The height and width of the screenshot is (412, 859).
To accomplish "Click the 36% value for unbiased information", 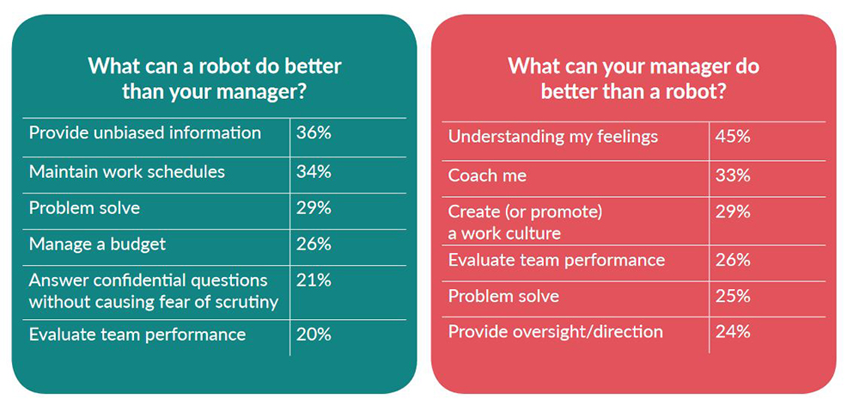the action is tap(314, 133).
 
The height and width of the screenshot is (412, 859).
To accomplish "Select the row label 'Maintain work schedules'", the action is tap(126, 172).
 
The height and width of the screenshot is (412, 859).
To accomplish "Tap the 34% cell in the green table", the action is tap(314, 172).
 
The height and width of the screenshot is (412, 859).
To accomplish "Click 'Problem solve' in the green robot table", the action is tap(84, 208).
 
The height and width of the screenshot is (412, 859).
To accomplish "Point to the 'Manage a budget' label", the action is tap(97, 244).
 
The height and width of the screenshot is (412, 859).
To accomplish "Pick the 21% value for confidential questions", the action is tap(314, 280).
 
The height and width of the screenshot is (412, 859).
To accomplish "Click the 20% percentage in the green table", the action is tap(314, 335).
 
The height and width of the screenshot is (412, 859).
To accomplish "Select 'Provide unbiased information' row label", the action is tap(144, 133).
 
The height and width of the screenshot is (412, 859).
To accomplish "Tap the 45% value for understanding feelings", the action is tap(733, 137).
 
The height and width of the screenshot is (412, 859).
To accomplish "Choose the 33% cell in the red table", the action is tap(733, 175).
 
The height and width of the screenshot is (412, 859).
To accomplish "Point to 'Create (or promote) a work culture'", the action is tap(525, 223).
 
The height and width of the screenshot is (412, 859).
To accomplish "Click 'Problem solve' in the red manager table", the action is tap(503, 297).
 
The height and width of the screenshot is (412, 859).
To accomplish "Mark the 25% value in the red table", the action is tap(733, 297).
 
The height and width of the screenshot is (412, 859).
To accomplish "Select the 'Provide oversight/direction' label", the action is tap(556, 332).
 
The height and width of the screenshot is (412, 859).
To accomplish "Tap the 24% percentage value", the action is tap(733, 332).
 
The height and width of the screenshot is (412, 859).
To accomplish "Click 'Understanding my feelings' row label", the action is tap(552, 137).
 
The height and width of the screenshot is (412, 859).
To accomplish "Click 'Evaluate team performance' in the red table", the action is tap(557, 260).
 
